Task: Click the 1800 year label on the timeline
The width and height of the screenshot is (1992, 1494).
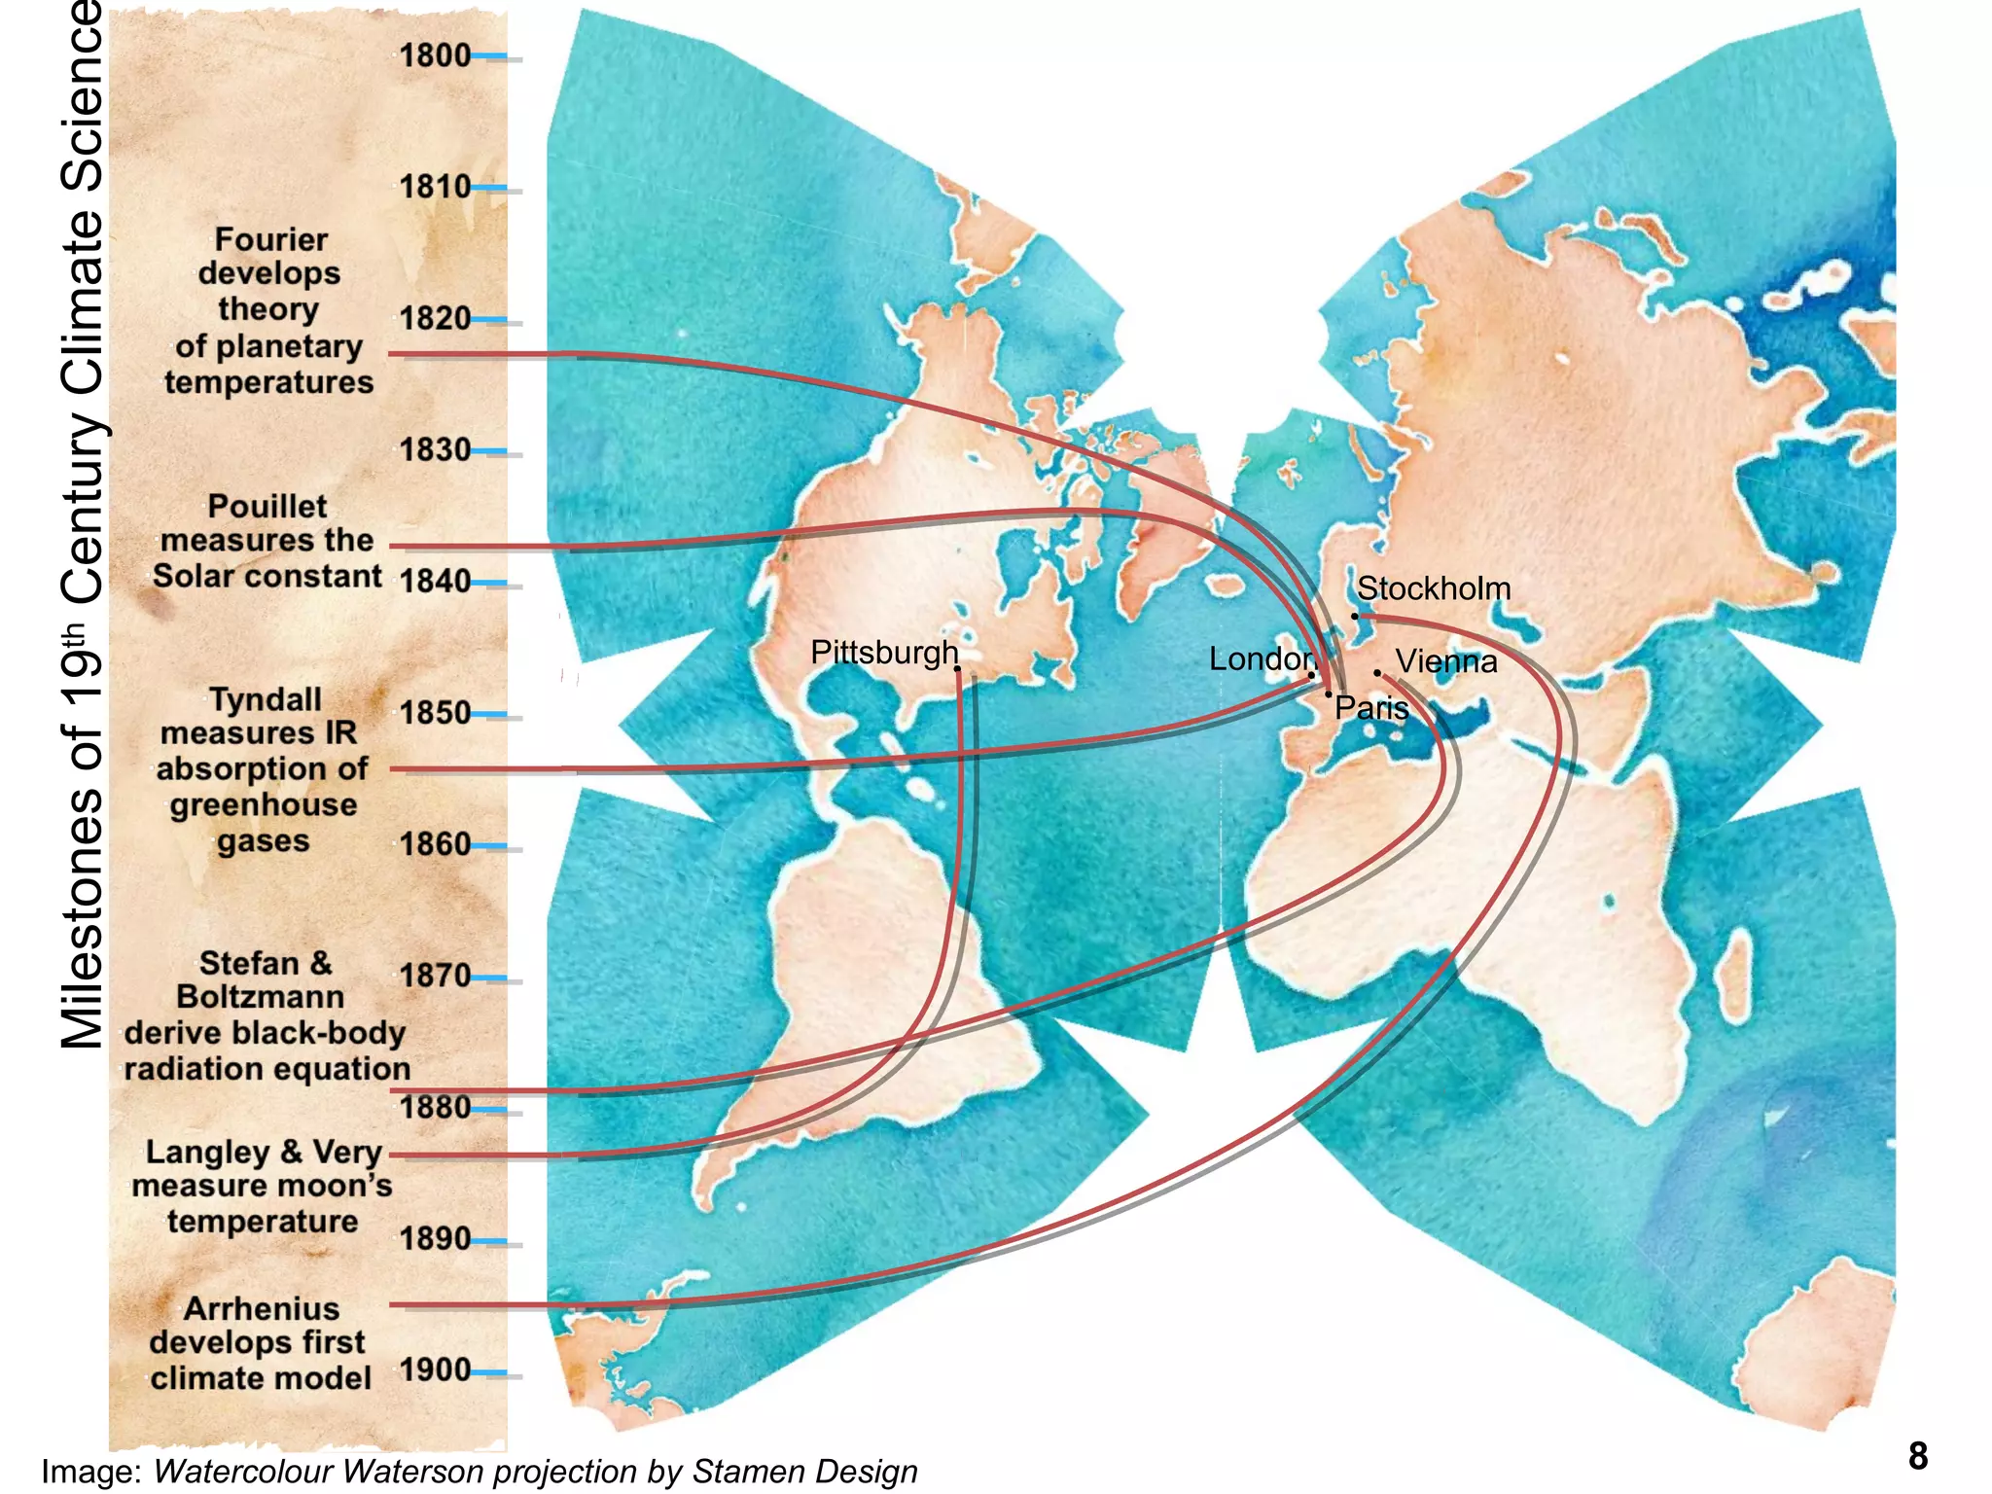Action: (435, 55)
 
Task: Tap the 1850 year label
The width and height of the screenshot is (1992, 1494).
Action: (435, 713)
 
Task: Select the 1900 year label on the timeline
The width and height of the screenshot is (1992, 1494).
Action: (435, 1369)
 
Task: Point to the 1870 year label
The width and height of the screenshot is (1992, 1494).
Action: (435, 976)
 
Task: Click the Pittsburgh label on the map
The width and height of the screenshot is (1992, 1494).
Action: (884, 653)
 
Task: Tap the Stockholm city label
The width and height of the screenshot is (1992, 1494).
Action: (1434, 588)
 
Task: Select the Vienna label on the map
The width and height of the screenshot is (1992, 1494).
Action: (1446, 662)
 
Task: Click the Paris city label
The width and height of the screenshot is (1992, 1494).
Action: (1371, 708)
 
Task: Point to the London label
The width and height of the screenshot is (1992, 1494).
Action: (1261, 659)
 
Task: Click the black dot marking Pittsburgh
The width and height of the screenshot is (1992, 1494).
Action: (958, 669)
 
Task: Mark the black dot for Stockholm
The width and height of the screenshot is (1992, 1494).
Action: (1355, 616)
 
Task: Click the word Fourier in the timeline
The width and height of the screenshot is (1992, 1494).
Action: (271, 239)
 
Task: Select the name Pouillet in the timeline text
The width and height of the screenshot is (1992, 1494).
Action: (267, 506)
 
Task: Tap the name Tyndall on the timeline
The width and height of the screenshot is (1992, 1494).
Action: (266, 699)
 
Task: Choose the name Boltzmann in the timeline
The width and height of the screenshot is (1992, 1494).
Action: (261, 997)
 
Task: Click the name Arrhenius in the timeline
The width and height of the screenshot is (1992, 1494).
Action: (262, 1308)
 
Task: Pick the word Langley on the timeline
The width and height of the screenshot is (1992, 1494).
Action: (208, 1153)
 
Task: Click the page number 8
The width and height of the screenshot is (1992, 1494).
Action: (1917, 1456)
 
